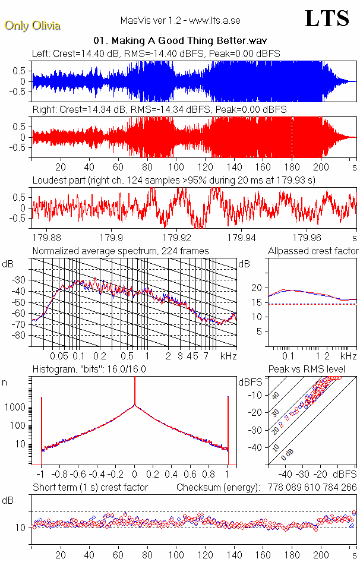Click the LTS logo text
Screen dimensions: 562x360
(327, 18)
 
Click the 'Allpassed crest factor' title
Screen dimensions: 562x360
(313, 251)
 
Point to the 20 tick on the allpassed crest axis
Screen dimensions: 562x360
(257, 288)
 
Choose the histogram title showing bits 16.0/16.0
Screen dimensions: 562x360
(89, 369)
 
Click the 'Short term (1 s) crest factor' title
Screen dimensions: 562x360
(90, 488)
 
